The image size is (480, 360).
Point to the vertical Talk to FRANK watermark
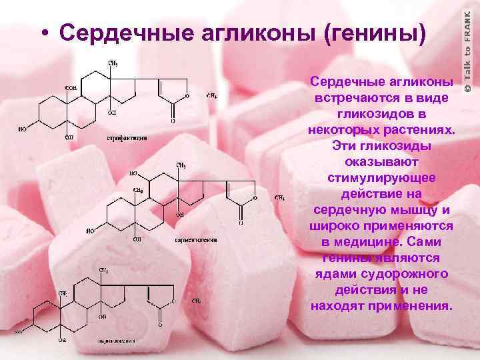(468, 47)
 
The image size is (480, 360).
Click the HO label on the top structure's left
(22, 130)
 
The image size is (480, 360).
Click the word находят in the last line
(340, 306)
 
